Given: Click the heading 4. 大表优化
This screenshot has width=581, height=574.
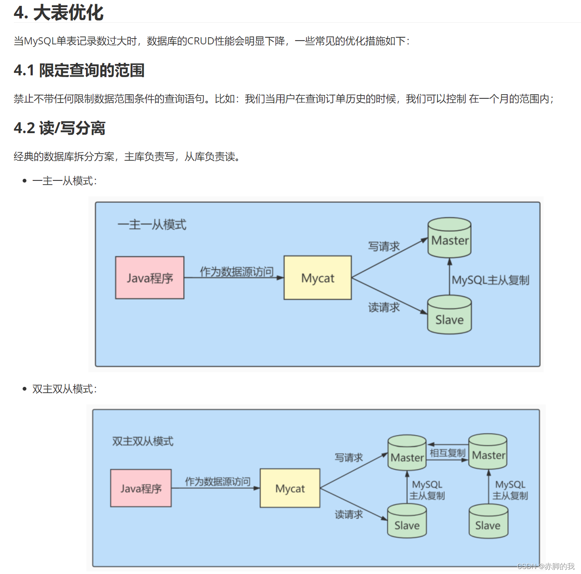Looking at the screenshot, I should (58, 13).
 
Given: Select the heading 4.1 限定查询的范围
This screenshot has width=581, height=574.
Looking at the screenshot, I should (79, 70).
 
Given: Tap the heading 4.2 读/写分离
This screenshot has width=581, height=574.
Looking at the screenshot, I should (59, 128).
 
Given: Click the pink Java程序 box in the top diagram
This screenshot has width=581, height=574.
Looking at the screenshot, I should (150, 278).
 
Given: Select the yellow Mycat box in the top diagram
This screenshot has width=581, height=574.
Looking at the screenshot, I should (317, 278).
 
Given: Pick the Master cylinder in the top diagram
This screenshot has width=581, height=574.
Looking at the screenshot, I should (449, 238).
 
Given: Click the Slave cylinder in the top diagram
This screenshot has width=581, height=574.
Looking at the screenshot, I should (449, 316).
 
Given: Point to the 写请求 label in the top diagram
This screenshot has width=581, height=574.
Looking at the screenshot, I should (384, 247).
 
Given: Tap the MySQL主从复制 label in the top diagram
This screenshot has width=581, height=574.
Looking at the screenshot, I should (490, 280).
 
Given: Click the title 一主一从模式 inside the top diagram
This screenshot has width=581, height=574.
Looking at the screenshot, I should (152, 225).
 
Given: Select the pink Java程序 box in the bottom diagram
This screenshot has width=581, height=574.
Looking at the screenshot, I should (141, 489).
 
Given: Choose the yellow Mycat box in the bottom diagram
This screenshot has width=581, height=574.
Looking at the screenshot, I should (290, 489).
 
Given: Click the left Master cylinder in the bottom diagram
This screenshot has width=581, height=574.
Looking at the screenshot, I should (407, 454).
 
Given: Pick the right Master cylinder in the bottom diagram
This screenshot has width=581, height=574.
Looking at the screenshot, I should (488, 452).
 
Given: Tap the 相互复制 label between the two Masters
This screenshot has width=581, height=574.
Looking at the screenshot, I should (447, 453).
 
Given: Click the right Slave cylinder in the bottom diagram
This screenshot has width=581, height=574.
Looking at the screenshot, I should (488, 522).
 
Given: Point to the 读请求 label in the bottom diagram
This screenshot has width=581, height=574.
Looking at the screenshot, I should (349, 515).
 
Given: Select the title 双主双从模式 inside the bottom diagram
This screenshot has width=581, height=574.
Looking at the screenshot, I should (143, 441).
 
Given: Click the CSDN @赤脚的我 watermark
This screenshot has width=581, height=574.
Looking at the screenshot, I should (546, 566).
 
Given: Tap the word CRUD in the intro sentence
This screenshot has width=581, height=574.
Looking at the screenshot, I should (200, 41).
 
